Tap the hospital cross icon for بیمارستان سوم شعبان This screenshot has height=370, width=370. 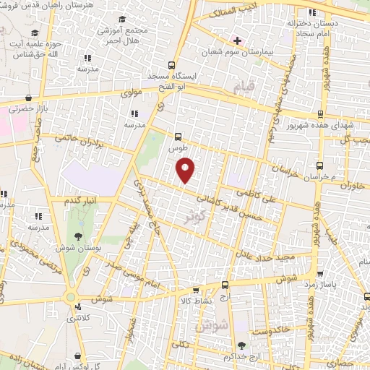[236, 40]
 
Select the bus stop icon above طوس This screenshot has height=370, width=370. [178, 135]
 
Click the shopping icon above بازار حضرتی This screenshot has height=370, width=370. [27, 98]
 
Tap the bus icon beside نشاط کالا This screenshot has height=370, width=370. [225, 285]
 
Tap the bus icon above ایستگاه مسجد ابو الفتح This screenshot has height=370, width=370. [171, 64]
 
